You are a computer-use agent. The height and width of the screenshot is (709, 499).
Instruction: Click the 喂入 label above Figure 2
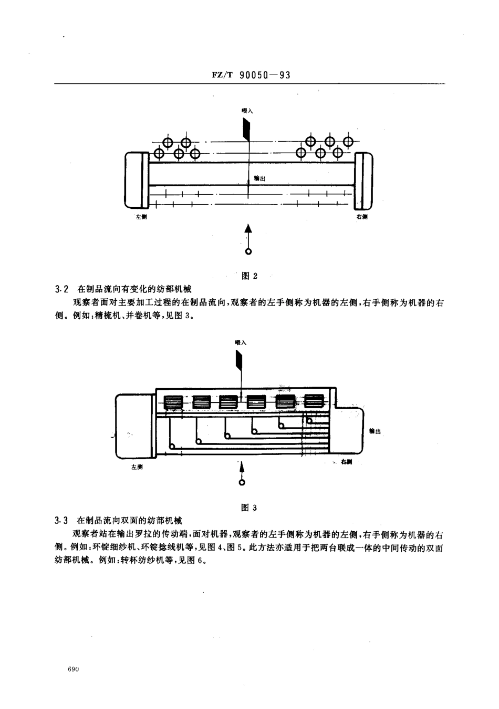coord(247,111)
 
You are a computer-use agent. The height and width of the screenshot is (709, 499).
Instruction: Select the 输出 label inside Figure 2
coord(259,179)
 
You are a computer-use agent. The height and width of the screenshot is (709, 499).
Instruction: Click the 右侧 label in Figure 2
coord(361,217)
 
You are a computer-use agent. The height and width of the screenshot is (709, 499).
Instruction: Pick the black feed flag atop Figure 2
coord(246,128)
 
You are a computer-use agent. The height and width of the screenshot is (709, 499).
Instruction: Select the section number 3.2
coord(62,289)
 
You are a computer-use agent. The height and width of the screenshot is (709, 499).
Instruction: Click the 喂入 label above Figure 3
coord(241,342)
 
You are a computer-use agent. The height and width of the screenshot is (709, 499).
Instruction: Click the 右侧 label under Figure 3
coord(346,462)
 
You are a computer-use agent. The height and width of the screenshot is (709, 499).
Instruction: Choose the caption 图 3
coord(248,508)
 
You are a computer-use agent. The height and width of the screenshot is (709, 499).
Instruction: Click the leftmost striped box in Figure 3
coord(173,402)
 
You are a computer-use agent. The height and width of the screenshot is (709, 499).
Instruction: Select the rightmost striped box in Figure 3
coord(315,402)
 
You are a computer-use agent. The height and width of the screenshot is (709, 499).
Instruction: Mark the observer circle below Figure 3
coord(242,482)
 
